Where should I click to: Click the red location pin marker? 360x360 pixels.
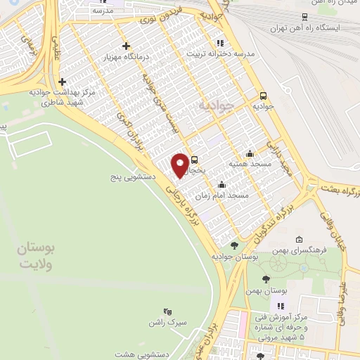pos(180,165)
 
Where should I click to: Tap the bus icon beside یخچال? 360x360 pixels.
pos(195,159)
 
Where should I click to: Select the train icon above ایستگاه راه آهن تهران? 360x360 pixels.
pos(304,17)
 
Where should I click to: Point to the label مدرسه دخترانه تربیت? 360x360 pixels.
pos(220,53)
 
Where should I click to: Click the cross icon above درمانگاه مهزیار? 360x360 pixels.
pos(126,46)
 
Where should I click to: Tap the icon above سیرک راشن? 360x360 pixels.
pos(167,311)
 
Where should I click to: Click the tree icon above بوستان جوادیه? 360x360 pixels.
pos(234,245)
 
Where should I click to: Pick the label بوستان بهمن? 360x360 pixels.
pos(263,290)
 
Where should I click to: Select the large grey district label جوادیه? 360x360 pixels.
pos(214,105)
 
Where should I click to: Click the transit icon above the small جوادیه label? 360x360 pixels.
pos(264,96)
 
